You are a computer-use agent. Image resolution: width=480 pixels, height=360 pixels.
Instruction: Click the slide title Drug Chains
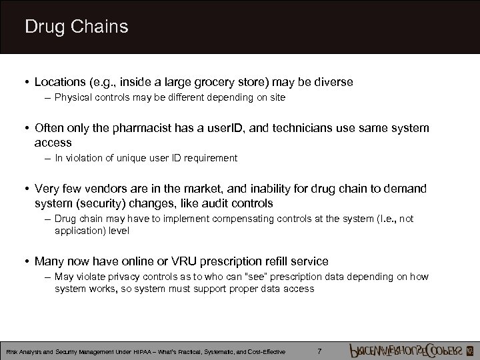pyautogui.click(x=76, y=27)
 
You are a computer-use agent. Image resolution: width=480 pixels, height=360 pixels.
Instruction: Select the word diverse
pyautogui.click(x=331, y=82)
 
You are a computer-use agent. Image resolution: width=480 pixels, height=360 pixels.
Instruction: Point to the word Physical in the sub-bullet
pyautogui.click(x=73, y=97)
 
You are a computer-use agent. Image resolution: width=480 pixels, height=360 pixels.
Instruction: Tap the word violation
pyautogui.click(x=84, y=158)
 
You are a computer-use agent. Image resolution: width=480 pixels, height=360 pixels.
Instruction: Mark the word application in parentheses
pyautogui.click(x=78, y=231)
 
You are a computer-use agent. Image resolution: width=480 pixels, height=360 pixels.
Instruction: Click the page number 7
pyautogui.click(x=320, y=351)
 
